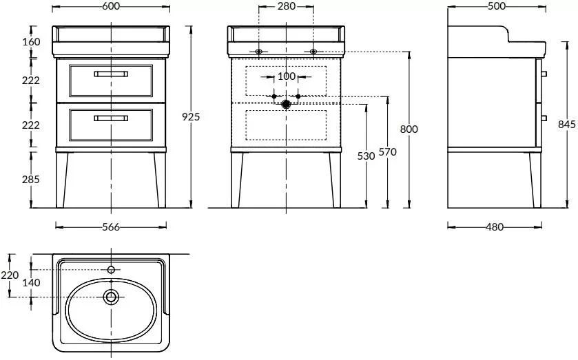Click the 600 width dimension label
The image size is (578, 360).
pos(111,6)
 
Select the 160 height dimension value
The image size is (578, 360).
pos(30,42)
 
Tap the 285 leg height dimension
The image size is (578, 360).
pos(30,180)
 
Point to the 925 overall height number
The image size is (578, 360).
pos(191,117)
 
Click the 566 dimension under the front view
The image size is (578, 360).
pos(111,227)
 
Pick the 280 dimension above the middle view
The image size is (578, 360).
pos(286,6)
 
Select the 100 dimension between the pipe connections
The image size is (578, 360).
pos(286,76)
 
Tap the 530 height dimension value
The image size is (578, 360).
pos(367,156)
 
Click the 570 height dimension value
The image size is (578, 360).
pos(388,153)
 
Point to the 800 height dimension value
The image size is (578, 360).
pos(409,129)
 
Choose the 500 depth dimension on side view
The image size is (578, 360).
pos(496,6)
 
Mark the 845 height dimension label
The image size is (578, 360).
pos(566,124)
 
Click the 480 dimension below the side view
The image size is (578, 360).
pos(494,227)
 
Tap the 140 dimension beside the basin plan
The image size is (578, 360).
pos(31,283)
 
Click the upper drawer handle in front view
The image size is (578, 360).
pos(111,73)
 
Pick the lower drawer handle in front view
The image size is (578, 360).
pos(111,118)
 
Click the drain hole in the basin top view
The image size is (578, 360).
pos(111,297)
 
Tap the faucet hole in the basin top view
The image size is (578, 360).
pos(111,269)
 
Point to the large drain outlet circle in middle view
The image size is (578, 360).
pos(286,104)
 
